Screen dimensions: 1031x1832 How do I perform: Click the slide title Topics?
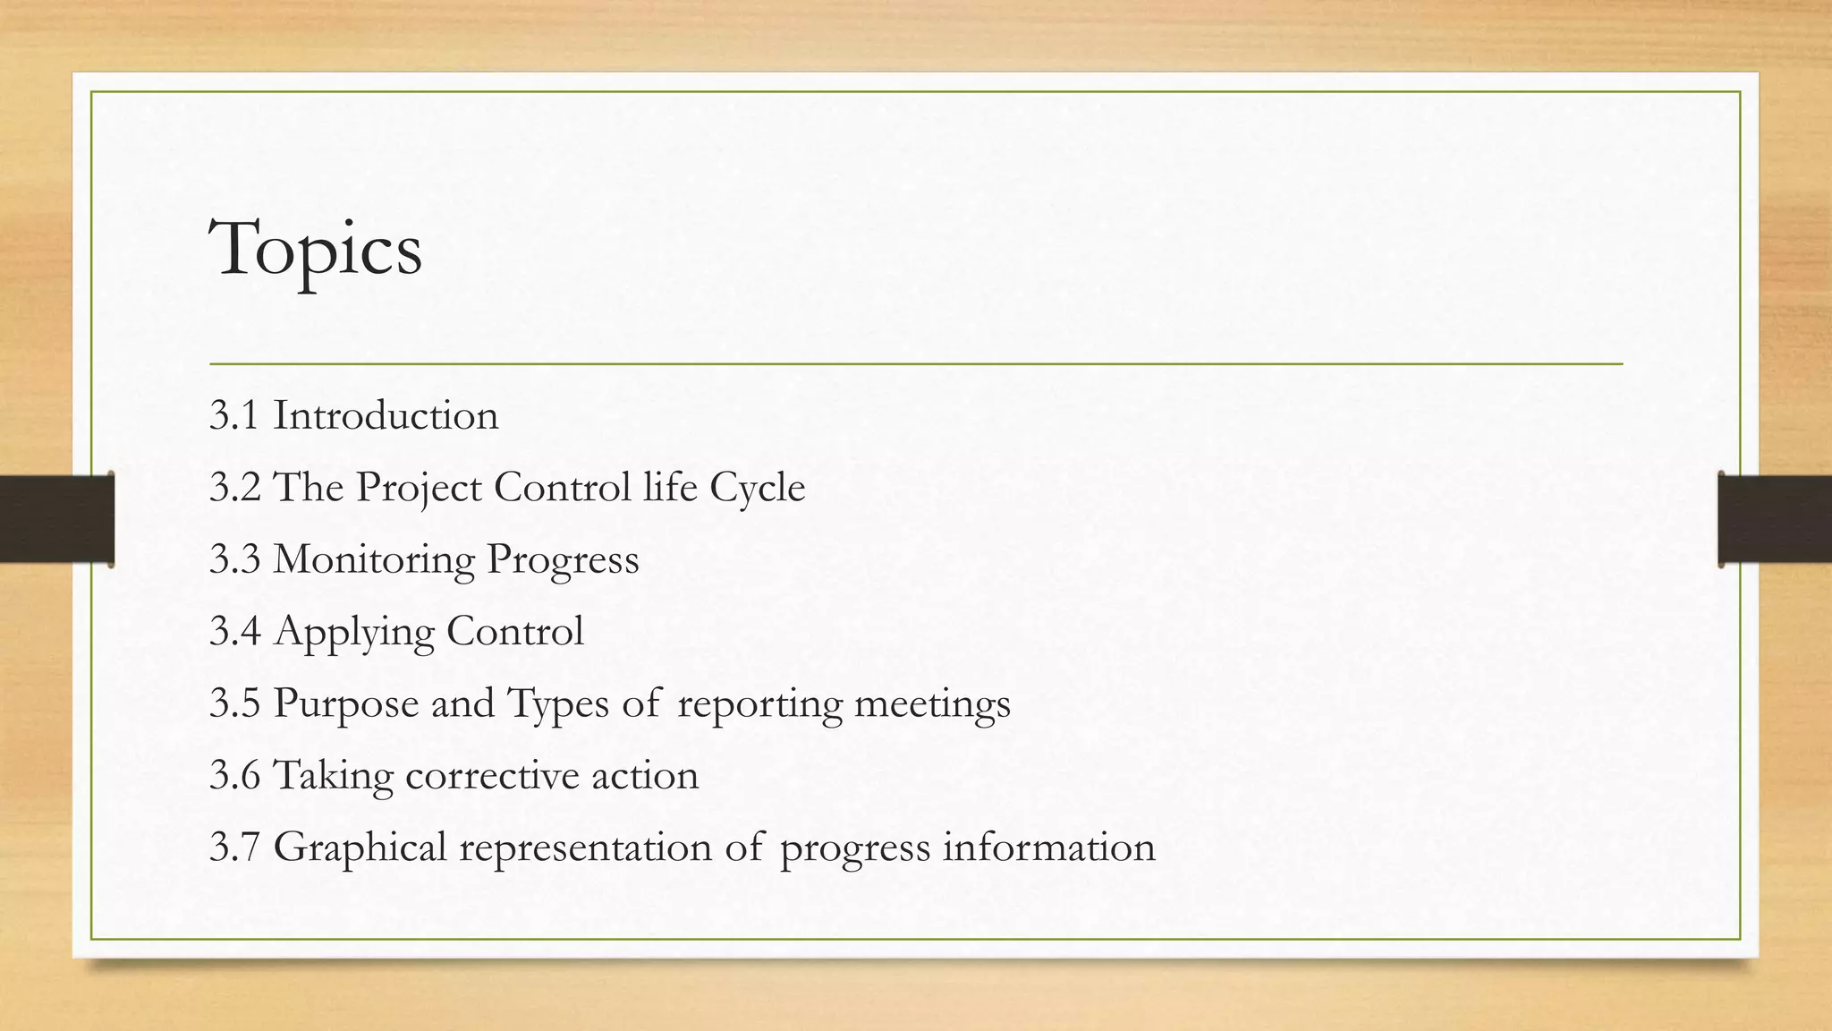pos(315,250)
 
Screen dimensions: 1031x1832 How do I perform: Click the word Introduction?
pos(386,416)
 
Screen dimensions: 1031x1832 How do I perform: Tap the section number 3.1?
pos(234,416)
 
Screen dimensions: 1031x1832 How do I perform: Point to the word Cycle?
pos(757,489)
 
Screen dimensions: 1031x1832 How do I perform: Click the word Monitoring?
pos(374,560)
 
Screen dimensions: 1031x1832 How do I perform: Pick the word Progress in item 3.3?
pos(563,560)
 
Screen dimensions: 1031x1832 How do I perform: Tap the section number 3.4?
pos(234,632)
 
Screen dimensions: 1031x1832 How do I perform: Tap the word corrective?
pos(492,776)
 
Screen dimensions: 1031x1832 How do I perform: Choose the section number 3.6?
pos(234,776)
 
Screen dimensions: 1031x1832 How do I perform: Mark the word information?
pos(1048,848)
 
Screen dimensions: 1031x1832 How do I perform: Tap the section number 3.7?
pos(234,848)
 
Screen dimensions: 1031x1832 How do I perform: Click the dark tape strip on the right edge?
pos(1775,519)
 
